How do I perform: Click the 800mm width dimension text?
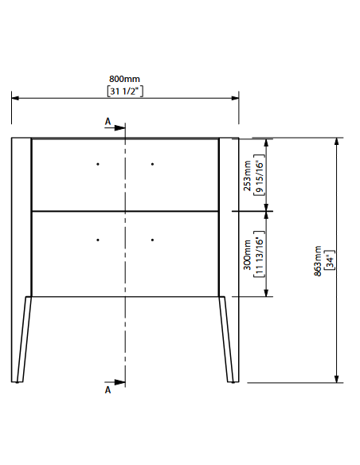(124, 79)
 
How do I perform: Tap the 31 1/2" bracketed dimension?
(125, 91)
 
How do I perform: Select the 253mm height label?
(247, 175)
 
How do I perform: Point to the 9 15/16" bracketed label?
(259, 174)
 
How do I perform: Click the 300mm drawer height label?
(247, 255)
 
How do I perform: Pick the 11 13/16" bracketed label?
(259, 254)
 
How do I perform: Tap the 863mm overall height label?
(318, 260)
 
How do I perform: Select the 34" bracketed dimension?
(330, 260)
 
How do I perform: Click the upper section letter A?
(108, 121)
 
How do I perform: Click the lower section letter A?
(108, 390)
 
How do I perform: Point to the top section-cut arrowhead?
(119, 128)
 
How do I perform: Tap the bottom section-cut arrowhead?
(119, 382)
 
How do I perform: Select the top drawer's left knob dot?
(98, 164)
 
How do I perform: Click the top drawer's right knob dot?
(152, 164)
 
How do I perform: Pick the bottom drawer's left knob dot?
(98, 240)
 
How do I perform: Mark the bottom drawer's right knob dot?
(152, 240)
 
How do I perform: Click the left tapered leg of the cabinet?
(25, 339)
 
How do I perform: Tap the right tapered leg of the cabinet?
(226, 339)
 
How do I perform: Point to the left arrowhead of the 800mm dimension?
(15, 98)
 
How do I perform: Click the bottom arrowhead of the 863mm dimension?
(336, 379)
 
